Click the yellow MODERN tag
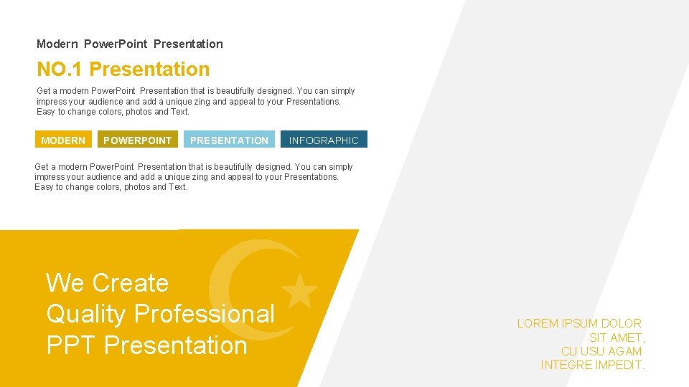[63, 140]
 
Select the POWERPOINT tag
[137, 140]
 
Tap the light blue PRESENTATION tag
[229, 140]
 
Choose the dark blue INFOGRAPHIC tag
[324, 140]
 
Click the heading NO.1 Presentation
[123, 70]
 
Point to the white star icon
[300, 290]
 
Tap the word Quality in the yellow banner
[87, 314]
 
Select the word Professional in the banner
[205, 314]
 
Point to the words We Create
[107, 283]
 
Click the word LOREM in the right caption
[538, 324]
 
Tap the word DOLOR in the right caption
[622, 324]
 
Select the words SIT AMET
[617, 338]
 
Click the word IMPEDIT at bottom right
[621, 365]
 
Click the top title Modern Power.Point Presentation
[130, 44]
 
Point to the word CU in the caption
[569, 351]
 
